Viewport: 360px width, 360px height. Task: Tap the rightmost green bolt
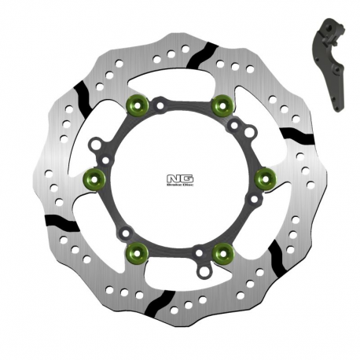pyautogui.click(x=266, y=177)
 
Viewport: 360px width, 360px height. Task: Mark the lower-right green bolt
pyautogui.click(x=223, y=252)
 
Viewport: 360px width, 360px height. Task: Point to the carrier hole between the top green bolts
pyautogui.click(x=160, y=104)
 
